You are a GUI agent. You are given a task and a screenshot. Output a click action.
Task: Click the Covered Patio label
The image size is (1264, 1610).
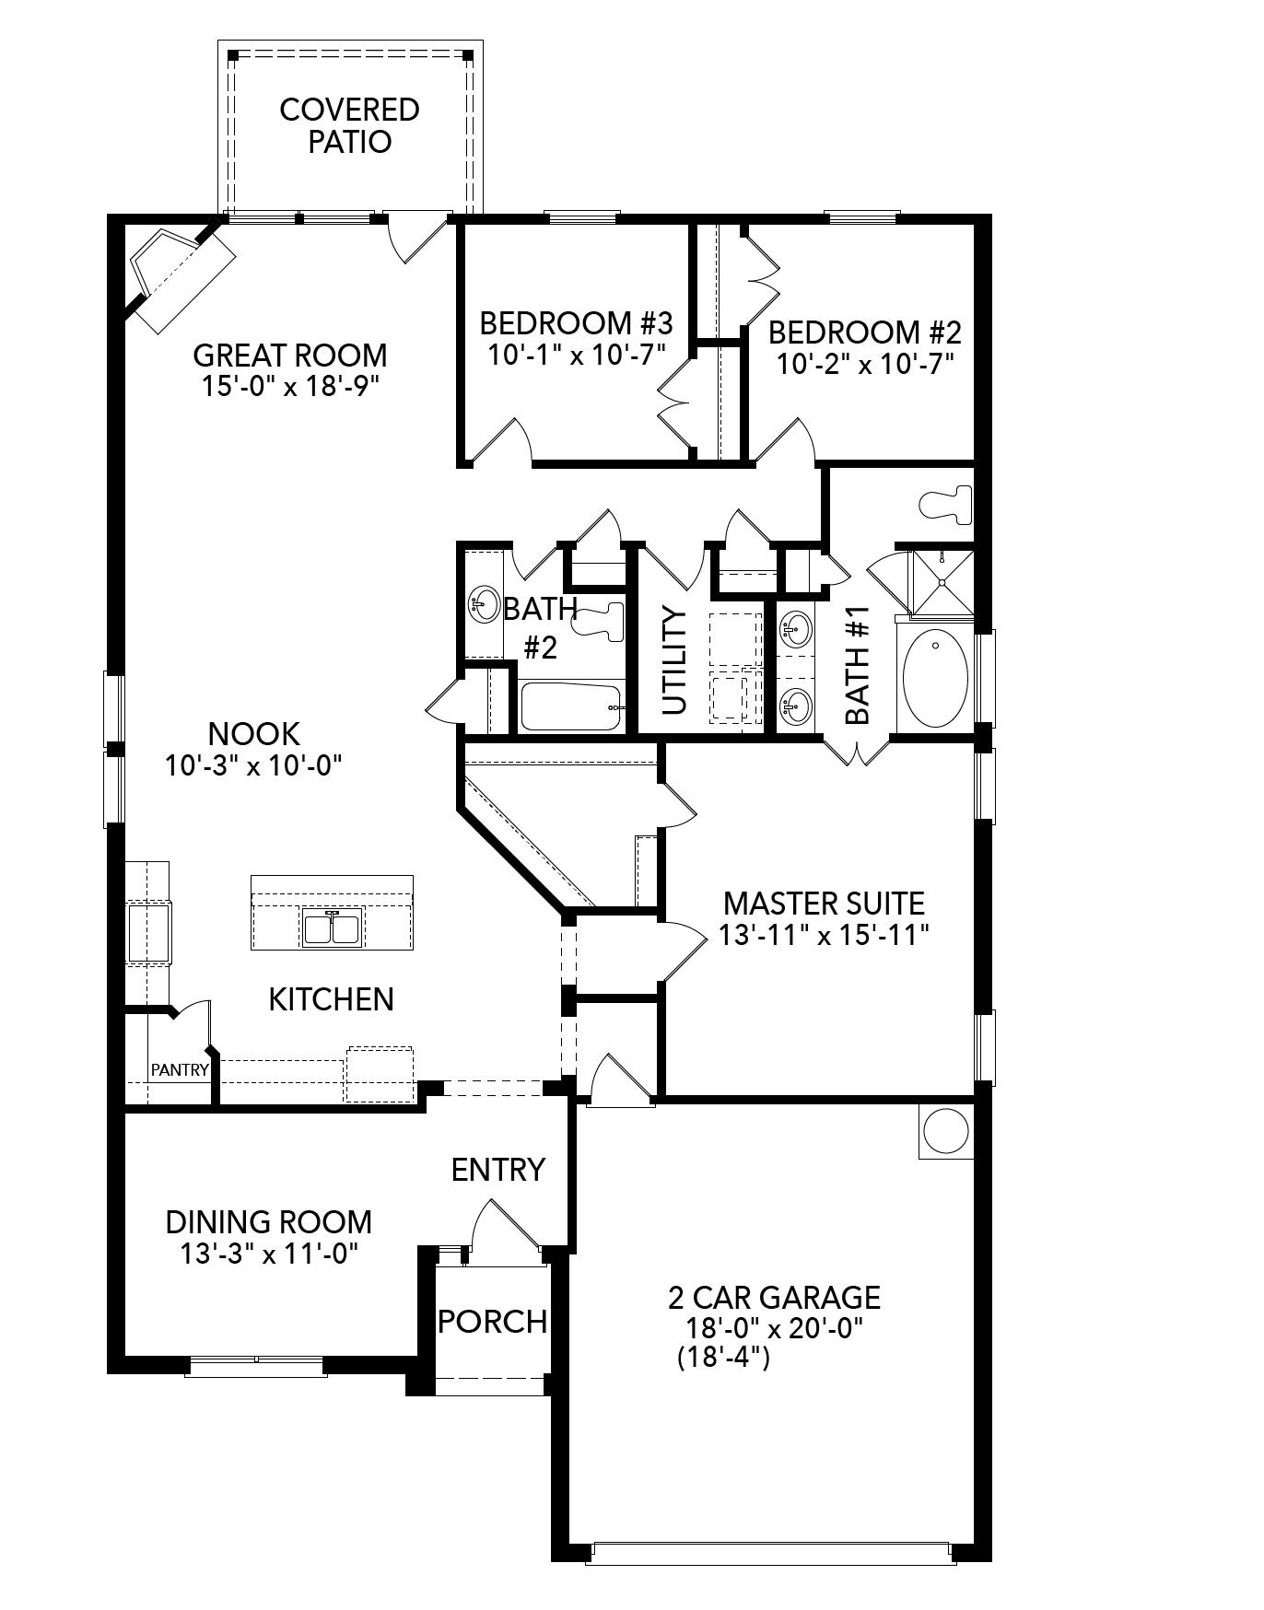349,125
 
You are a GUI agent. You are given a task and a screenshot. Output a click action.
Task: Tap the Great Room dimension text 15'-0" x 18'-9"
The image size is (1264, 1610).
290,386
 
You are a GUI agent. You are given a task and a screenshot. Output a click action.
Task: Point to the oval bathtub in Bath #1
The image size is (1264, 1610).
935,680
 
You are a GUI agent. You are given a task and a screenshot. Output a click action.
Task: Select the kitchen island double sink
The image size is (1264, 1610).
332,927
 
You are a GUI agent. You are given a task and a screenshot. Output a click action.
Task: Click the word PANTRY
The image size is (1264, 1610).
180,1070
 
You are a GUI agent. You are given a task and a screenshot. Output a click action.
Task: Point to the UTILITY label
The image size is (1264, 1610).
674,660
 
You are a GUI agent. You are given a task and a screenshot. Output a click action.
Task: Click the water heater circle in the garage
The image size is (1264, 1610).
946,1131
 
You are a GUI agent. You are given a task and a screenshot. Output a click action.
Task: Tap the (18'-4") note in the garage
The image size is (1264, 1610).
722,1357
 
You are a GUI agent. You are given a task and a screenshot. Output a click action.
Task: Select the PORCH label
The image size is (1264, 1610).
492,1322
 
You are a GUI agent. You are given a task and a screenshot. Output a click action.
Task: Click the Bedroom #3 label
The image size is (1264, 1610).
577,323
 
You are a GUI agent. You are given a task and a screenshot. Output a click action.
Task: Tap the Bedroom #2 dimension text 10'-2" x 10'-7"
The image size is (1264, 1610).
863,363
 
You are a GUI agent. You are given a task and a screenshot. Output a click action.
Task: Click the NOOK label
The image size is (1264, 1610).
253,734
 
